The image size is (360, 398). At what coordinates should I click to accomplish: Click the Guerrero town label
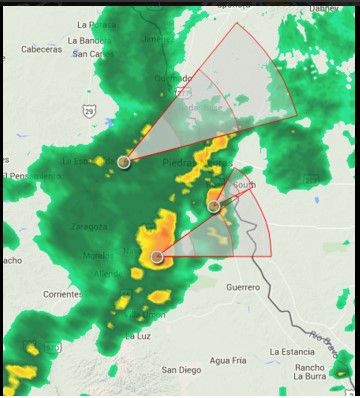pyautogui.click(x=242, y=287)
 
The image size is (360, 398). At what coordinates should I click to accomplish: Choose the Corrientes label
pyautogui.click(x=64, y=295)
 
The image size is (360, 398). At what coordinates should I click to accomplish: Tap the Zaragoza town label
pyautogui.click(x=88, y=226)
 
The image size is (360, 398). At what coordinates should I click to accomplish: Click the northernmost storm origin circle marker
pyautogui.click(x=124, y=161)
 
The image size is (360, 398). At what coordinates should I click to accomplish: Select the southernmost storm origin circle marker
pyautogui.click(x=157, y=258)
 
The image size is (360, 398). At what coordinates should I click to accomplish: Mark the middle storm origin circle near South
pyautogui.click(x=213, y=206)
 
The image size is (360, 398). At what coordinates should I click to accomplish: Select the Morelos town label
pyautogui.click(x=97, y=256)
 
